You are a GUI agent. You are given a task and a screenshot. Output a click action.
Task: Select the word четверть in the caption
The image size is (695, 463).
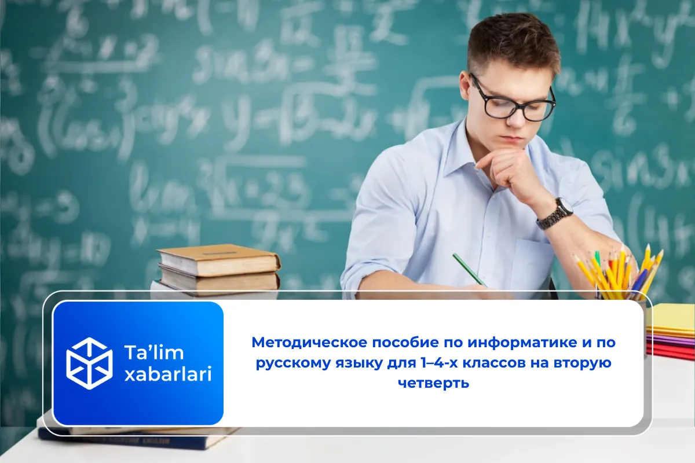(434, 383)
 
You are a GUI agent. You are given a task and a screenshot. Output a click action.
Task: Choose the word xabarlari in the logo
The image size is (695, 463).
(168, 375)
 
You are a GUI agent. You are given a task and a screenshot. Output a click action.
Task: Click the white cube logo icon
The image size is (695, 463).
(89, 363)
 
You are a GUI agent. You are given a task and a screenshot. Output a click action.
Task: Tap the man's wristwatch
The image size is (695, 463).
(555, 213)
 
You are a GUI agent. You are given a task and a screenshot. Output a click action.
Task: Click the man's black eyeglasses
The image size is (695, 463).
(512, 102)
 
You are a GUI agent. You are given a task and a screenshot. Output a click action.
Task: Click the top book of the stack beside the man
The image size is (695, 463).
(219, 259)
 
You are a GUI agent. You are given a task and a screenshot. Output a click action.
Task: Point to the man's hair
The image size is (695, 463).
(513, 43)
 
